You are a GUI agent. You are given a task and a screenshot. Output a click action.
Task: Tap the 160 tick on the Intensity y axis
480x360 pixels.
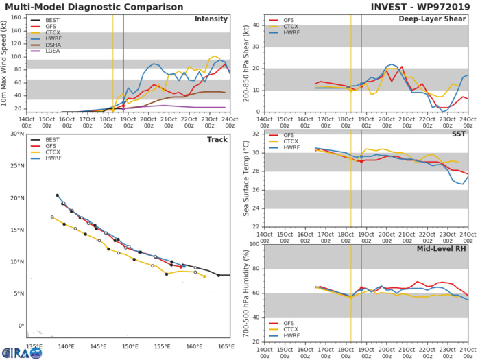click(x=16, y=16)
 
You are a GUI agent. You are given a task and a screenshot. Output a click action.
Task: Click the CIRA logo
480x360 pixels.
click(x=19, y=351)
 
